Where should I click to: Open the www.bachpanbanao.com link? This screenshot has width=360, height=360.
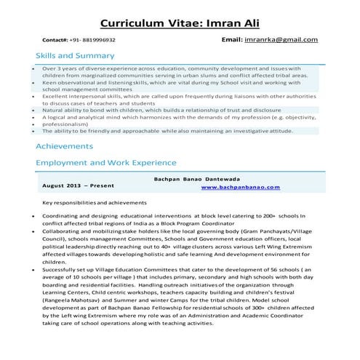tap(240, 187)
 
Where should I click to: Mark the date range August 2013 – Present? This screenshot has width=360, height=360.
tap(81, 186)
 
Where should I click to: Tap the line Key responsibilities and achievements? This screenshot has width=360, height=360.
tap(95, 202)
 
